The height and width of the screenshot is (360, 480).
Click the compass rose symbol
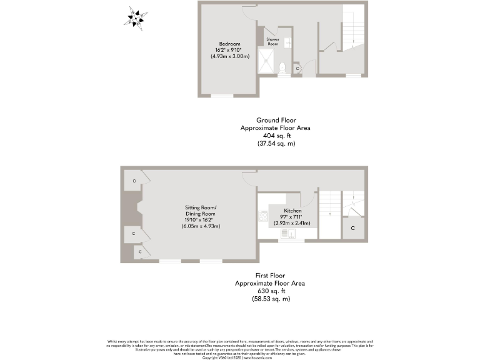[x=136, y=18]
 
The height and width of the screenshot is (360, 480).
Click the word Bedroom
[x=229, y=44]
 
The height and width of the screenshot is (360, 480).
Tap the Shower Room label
[x=273, y=41]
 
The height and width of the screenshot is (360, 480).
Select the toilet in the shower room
[x=282, y=67]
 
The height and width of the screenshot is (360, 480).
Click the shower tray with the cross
[x=267, y=63]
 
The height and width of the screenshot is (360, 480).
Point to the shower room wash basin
[x=288, y=42]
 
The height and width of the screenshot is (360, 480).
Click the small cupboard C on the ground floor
[x=297, y=67]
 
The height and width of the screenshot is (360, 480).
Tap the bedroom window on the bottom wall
[x=222, y=96]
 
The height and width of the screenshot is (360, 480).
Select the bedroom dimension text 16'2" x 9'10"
[x=229, y=51]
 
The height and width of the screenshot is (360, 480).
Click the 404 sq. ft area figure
[x=276, y=135]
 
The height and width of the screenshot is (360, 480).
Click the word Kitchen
[x=292, y=211]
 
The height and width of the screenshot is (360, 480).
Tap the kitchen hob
[x=262, y=216]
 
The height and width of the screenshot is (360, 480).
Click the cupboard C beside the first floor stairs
[x=353, y=229]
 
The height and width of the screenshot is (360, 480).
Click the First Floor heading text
[x=271, y=275]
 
